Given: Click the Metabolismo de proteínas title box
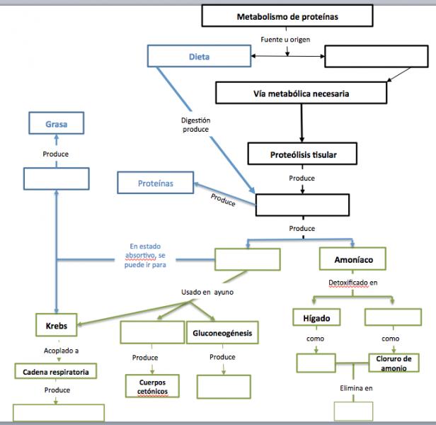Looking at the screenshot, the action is [287, 16].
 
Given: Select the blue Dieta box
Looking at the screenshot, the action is [199, 56].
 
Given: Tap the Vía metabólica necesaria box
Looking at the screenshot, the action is [301, 93].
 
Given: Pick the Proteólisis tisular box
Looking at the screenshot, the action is [302, 154].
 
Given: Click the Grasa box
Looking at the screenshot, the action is [56, 123].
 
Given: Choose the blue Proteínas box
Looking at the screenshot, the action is [156, 183].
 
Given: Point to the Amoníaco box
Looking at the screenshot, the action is [352, 259].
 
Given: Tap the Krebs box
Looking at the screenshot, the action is [57, 325].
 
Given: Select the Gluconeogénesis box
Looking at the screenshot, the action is [222, 332].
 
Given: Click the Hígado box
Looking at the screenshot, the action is [316, 317].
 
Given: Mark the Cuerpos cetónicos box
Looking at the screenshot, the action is [152, 386].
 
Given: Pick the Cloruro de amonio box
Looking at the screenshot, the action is [394, 363].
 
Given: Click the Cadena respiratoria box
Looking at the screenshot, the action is [56, 371].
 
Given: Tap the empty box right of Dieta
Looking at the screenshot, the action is [377, 56].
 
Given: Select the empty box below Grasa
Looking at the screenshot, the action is [57, 178].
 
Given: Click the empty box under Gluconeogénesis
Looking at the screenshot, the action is [224, 387].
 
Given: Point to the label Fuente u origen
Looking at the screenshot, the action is [285, 40].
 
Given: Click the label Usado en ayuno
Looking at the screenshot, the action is [207, 292].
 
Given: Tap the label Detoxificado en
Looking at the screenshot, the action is [353, 283].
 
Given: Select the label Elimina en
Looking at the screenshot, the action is [356, 388].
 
